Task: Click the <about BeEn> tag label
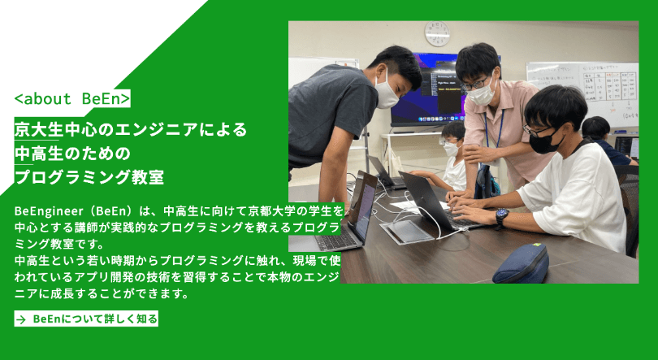point(72,98)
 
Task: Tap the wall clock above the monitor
point(437,33)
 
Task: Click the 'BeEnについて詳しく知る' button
point(86,319)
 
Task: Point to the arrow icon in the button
point(21,319)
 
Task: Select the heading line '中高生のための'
point(72,153)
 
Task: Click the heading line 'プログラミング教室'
point(89,177)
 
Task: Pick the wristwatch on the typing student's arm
point(501,217)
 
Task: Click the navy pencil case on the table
point(521,263)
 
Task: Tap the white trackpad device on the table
point(406,231)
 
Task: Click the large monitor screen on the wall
point(428,90)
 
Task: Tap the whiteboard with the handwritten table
point(582,93)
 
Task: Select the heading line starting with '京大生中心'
point(131,129)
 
